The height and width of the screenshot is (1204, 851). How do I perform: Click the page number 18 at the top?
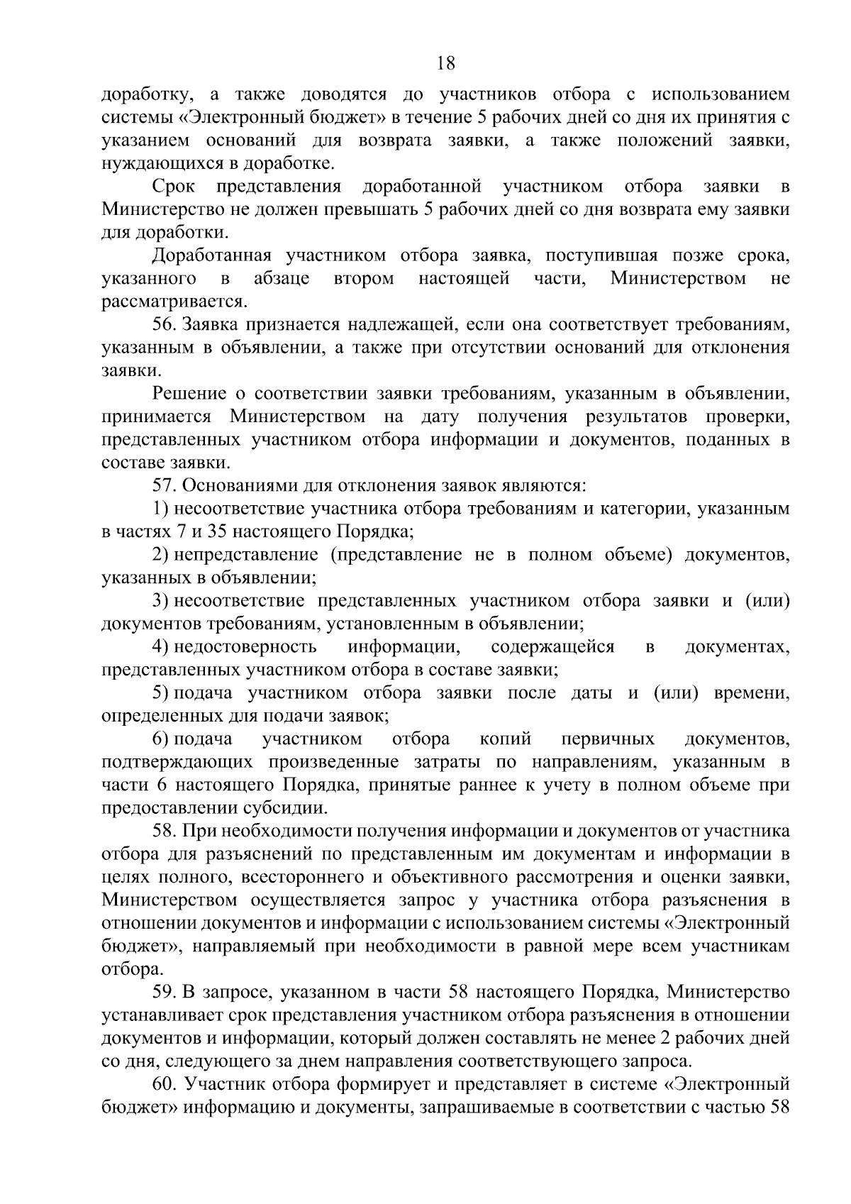pos(445,63)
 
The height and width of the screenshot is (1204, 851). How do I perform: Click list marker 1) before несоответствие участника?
pos(160,509)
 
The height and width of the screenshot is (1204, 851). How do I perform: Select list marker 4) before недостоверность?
pos(160,646)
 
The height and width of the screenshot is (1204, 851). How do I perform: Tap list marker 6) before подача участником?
pos(160,739)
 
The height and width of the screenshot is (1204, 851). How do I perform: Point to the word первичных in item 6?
pos(608,739)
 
